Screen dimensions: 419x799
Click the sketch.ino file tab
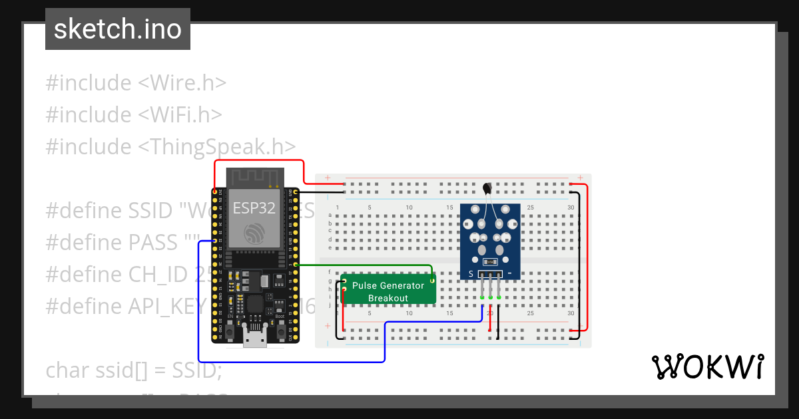coord(118,29)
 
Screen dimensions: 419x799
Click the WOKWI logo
coord(707,367)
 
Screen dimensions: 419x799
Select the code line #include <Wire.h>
coord(136,83)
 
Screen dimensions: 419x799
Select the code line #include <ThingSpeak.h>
coord(170,146)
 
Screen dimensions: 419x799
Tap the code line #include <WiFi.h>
coord(133,114)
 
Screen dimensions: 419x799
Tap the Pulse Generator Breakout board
coord(388,291)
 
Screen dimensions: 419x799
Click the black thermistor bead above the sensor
coord(489,189)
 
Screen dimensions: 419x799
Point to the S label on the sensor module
coord(471,274)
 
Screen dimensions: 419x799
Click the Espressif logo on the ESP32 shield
coord(255,233)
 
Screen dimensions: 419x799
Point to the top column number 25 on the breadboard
coord(530,208)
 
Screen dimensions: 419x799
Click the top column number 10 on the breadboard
coord(409,208)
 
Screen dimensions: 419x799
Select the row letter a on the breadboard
coord(330,215)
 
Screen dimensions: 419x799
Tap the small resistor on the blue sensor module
coord(490,261)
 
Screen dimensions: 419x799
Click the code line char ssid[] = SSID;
coord(133,370)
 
